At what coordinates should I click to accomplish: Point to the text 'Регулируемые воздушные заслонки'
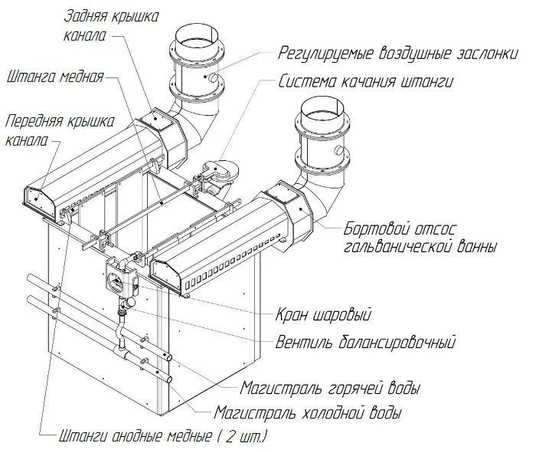[398, 54]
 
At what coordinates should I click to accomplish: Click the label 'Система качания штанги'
[366, 82]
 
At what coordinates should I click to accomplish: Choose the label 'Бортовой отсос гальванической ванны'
[420, 237]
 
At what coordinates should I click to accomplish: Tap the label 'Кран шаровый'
[322, 315]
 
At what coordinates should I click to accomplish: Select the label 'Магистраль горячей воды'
[330, 388]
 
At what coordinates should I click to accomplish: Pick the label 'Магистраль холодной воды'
[308, 413]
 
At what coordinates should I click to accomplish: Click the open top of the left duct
[197, 35]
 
